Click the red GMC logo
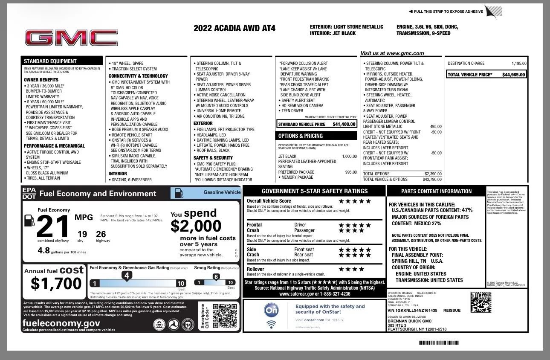click(x=71, y=38)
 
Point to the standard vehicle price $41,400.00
click(x=344, y=124)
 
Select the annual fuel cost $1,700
click(x=56, y=283)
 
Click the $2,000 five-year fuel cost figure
click(x=196, y=226)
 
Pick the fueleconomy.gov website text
click(x=61, y=323)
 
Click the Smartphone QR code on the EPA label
click(x=224, y=316)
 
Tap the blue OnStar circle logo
click(x=272, y=310)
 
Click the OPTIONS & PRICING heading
click(x=301, y=136)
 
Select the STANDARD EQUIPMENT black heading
click(x=50, y=61)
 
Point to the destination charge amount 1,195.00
click(x=518, y=64)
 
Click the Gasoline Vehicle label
click(x=222, y=192)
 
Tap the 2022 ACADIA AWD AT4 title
click(x=234, y=29)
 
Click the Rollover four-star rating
click(x=351, y=269)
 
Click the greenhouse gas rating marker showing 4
click(x=127, y=276)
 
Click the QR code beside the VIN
click(x=481, y=302)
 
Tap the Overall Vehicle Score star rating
click(x=355, y=201)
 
